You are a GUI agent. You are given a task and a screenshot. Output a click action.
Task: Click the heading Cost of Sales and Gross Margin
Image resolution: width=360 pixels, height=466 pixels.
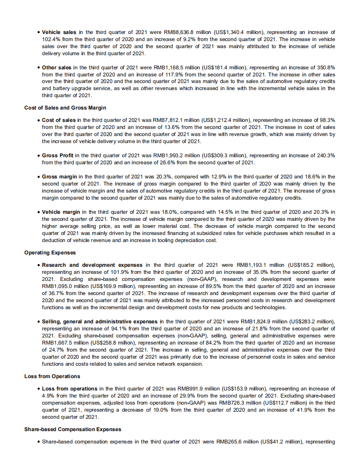pyautogui.click(x=65, y=108)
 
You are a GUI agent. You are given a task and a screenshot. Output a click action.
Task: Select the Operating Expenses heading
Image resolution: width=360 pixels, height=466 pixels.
pyautogui.click(x=50, y=253)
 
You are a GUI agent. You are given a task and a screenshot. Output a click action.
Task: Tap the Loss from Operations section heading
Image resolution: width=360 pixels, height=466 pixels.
pyautogui.click(x=52, y=376)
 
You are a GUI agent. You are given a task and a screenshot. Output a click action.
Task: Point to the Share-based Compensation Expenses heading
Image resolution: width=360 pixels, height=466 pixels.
pyautogui.click(x=72, y=429)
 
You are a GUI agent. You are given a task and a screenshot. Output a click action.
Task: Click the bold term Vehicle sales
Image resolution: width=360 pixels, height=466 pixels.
pyautogui.click(x=59, y=32)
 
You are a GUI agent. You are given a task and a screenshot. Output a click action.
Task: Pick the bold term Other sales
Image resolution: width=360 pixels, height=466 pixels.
pyautogui.click(x=57, y=68)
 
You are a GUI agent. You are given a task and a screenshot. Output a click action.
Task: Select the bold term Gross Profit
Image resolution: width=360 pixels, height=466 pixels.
pyautogui.click(x=57, y=155)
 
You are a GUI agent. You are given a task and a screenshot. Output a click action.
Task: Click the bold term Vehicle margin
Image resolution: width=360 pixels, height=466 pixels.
pyautogui.click(x=61, y=212)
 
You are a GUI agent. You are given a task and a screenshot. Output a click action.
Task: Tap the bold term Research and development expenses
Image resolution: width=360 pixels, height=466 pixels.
pyautogui.click(x=92, y=265)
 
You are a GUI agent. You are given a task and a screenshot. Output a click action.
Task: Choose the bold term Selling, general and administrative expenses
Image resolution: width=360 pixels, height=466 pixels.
pyautogui.click(x=100, y=322)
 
